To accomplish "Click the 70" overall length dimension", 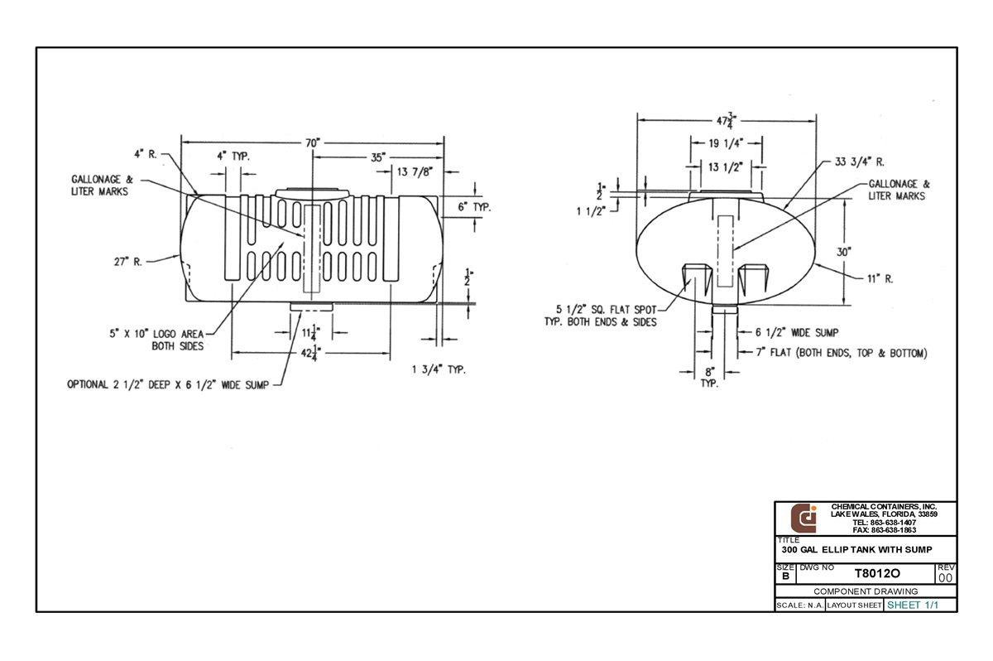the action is (313, 142).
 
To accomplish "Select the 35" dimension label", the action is (378, 157).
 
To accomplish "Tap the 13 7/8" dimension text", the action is (415, 171).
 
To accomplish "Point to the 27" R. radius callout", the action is (128, 262).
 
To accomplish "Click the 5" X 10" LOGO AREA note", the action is (156, 340).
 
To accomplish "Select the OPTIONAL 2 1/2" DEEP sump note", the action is (168, 384).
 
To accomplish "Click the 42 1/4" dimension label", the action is (311, 354).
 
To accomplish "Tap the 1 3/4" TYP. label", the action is (439, 369).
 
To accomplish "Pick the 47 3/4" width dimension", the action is (727, 120).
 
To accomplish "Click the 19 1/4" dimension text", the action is (726, 143).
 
